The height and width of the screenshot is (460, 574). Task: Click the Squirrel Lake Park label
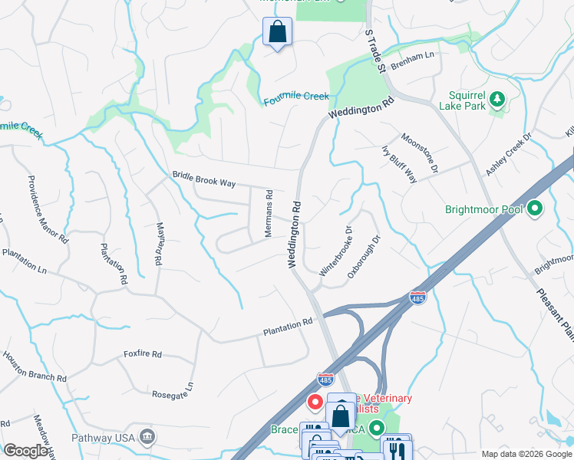tap(467, 100)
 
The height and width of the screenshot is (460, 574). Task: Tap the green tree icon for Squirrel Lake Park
tap(497, 98)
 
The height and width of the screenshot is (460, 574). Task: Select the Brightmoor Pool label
tap(483, 209)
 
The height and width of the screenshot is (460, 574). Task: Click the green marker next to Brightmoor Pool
tap(535, 208)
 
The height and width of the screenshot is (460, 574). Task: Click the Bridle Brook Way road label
tap(203, 179)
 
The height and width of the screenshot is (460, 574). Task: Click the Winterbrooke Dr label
tap(335, 251)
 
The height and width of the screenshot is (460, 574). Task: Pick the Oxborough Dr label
tap(364, 258)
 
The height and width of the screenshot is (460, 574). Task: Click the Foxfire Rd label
tap(143, 354)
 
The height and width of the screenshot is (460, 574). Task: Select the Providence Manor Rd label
tap(48, 209)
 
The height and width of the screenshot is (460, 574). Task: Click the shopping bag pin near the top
tap(277, 33)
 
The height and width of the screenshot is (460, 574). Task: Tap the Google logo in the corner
tap(26, 450)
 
